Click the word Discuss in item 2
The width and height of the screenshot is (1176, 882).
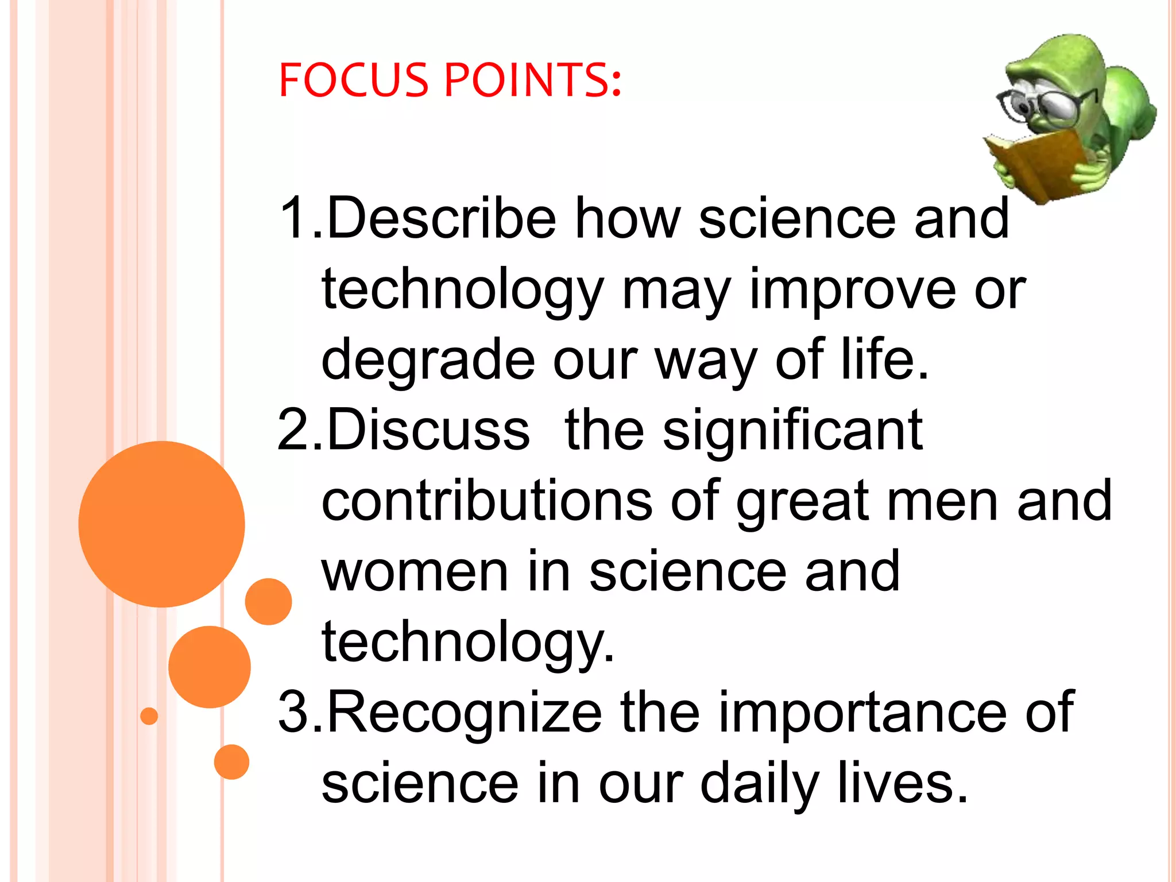pyautogui.click(x=428, y=431)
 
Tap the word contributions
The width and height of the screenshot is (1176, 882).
pyautogui.click(x=486, y=501)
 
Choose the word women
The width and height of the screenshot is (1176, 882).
pyautogui.click(x=415, y=571)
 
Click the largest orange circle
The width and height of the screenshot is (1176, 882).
pyautogui.click(x=162, y=524)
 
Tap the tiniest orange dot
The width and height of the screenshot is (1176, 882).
pyautogui.click(x=149, y=716)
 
